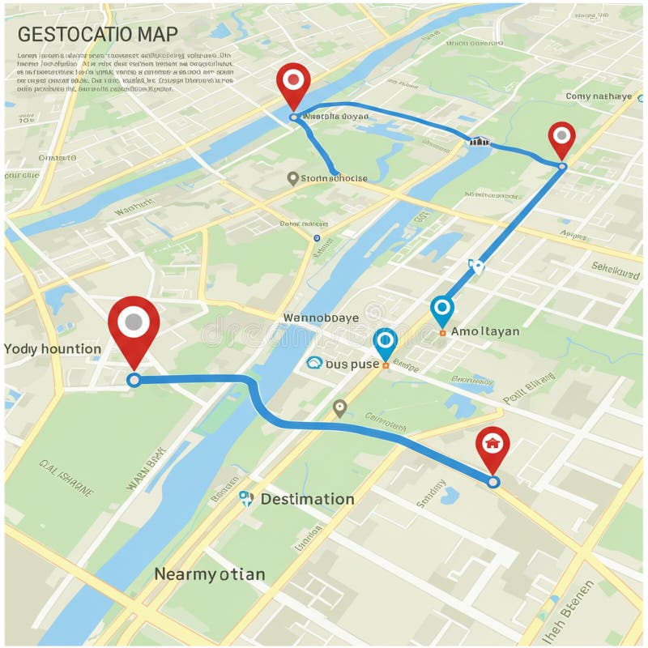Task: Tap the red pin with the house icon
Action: (492, 444)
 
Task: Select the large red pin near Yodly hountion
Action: (134, 324)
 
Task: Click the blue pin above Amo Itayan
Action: (441, 309)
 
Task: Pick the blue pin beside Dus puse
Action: (385, 342)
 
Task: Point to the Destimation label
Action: (307, 499)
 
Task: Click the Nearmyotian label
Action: (209, 574)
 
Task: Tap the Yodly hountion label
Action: (53, 349)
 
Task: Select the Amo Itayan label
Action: (485, 330)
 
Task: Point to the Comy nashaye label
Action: (599, 96)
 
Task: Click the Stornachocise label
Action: (334, 178)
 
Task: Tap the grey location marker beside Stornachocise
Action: (292, 177)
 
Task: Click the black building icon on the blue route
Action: (480, 141)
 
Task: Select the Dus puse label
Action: (352, 364)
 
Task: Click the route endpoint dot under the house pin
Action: (494, 482)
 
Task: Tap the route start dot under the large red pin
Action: (134, 380)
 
